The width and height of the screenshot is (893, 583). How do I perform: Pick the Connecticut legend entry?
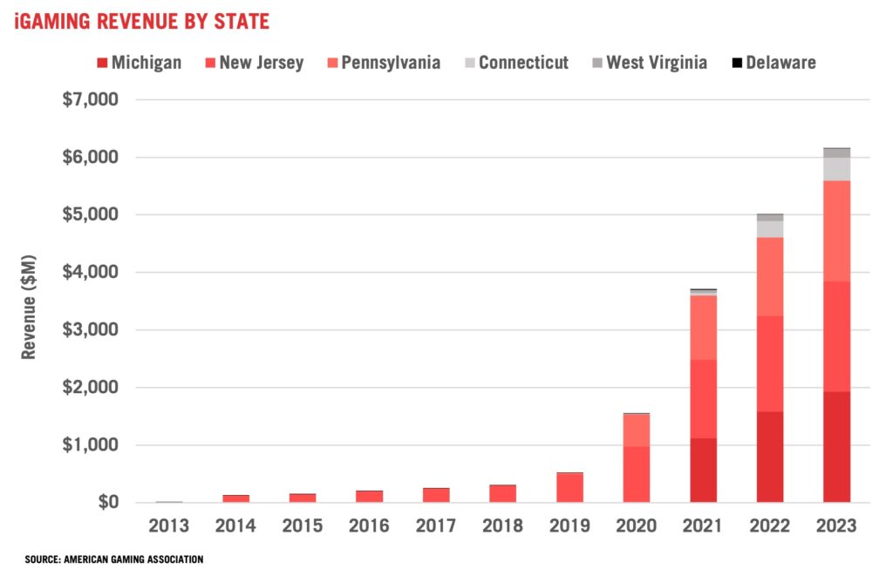[x=514, y=63]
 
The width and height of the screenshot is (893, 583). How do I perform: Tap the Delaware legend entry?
[x=773, y=63]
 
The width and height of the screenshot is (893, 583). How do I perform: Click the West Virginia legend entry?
[x=649, y=63]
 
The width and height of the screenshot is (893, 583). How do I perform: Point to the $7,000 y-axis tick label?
[x=90, y=99]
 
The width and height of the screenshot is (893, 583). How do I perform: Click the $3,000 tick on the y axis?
[x=90, y=330]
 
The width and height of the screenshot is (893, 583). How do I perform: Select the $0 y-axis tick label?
[x=106, y=503]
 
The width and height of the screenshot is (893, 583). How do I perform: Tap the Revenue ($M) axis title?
[x=29, y=302]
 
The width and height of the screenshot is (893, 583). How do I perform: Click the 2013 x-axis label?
[x=169, y=526]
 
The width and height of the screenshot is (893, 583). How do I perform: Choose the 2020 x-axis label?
[x=636, y=526]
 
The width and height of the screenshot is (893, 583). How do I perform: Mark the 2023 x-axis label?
[x=836, y=526]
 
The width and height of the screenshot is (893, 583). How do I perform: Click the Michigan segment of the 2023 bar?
[x=836, y=446]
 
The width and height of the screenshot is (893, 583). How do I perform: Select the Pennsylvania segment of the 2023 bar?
[x=836, y=231]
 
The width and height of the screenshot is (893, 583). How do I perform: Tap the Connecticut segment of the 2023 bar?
[x=836, y=168]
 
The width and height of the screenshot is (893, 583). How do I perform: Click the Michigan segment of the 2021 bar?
[x=703, y=470]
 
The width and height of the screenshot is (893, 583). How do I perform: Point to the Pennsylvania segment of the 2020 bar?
[x=636, y=430]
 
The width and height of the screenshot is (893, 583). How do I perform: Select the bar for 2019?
[x=569, y=487]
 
